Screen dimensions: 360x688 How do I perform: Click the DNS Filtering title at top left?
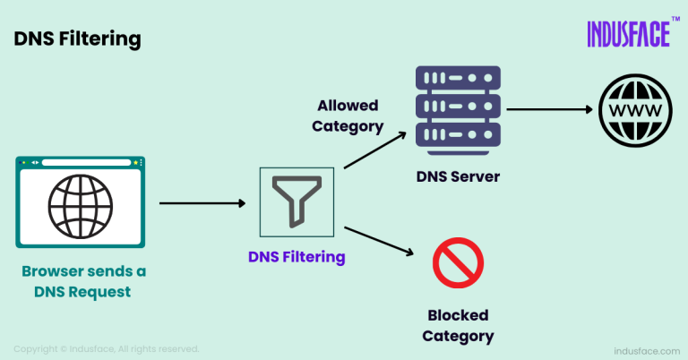[76, 39]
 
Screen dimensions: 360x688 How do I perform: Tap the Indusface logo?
[628, 34]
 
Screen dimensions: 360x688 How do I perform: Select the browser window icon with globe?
[80, 201]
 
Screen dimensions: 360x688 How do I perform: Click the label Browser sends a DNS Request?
[84, 280]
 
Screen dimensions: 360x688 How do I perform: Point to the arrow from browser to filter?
[202, 203]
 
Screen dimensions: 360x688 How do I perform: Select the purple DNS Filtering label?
[297, 257]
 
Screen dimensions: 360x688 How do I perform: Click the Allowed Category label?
[347, 116]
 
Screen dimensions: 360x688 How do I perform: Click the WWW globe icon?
[634, 110]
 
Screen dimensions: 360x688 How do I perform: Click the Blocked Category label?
[458, 326]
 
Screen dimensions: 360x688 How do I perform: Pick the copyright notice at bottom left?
[107, 348]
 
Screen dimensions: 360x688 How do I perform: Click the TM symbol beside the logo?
[675, 19]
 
